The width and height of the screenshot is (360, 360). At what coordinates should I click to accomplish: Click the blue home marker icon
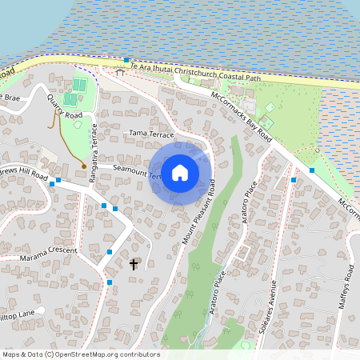pos(180,173)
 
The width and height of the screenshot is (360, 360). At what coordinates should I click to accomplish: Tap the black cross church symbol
pos(133,263)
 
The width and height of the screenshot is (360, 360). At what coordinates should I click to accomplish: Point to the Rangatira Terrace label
pos(94,153)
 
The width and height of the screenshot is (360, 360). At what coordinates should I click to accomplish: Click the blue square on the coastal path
pos(126,60)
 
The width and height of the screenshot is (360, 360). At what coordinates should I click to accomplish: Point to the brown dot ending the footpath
pos(84,166)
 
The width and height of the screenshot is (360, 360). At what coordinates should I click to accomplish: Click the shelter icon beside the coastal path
pos(120,73)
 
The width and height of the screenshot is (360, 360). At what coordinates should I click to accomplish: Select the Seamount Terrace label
pos(136,170)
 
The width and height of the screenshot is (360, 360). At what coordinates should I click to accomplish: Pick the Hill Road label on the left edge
pos(24,175)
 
